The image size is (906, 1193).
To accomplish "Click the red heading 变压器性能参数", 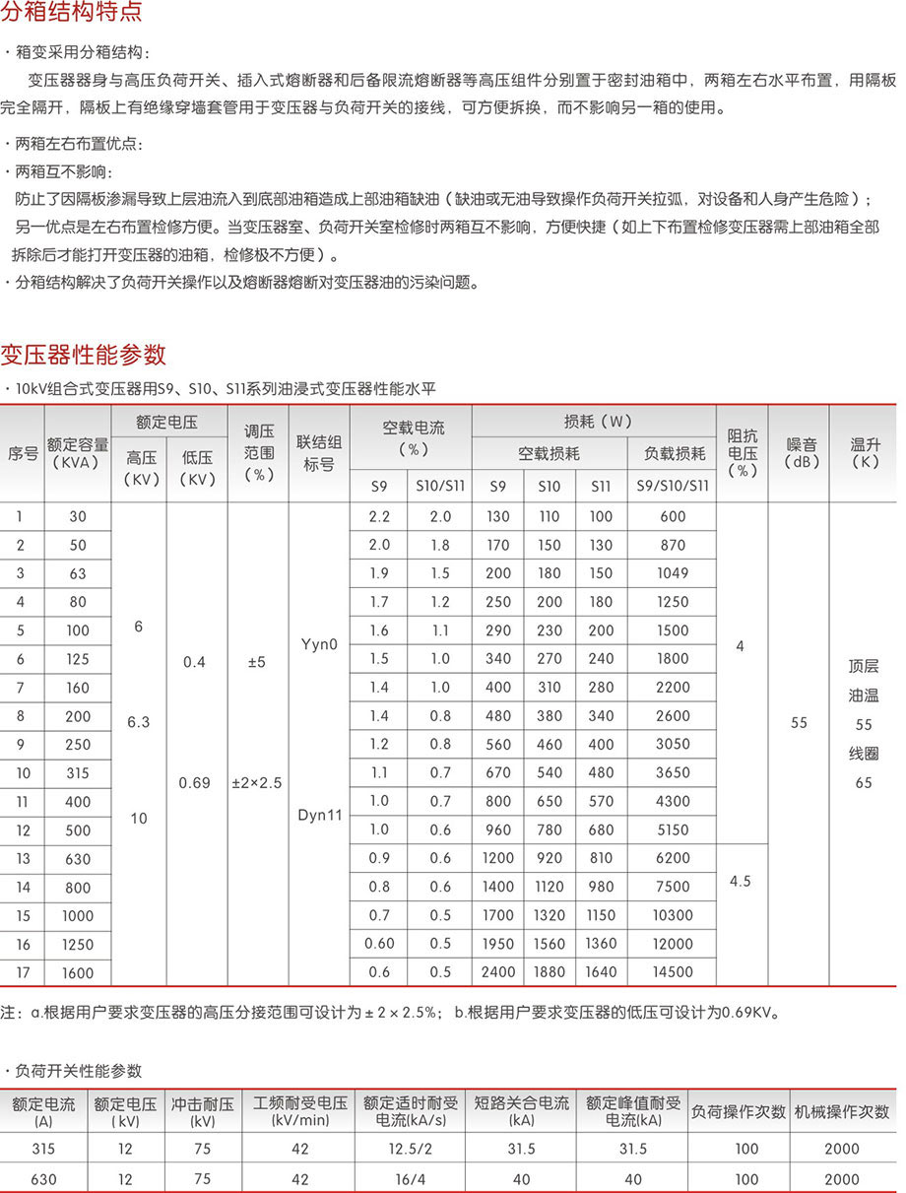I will click(x=84, y=354).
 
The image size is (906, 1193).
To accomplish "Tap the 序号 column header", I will click(x=23, y=453).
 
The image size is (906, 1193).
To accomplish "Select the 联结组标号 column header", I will click(x=319, y=453).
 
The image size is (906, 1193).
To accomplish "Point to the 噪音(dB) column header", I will click(x=799, y=453).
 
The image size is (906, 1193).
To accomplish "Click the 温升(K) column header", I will click(x=864, y=453).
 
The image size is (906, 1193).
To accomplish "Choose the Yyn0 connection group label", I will click(x=319, y=644).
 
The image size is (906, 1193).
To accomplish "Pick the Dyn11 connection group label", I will click(x=319, y=816).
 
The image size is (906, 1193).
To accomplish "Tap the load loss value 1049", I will click(x=673, y=573).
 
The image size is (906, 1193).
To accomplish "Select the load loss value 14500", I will click(x=673, y=972).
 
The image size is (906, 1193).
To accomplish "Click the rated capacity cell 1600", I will click(x=78, y=973).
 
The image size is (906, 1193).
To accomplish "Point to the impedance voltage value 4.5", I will click(x=741, y=881).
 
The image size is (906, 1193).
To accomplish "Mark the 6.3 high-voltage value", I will click(x=138, y=722).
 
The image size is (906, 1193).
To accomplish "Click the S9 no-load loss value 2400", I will click(x=498, y=972).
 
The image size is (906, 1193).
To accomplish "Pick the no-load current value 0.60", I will click(x=379, y=944).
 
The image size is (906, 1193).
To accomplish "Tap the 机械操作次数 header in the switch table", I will click(x=842, y=1111).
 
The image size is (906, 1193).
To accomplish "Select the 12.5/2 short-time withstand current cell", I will click(x=411, y=1149).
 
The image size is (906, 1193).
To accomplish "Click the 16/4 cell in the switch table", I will click(x=411, y=1179).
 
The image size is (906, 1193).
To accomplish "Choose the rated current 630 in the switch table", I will click(x=43, y=1179).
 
